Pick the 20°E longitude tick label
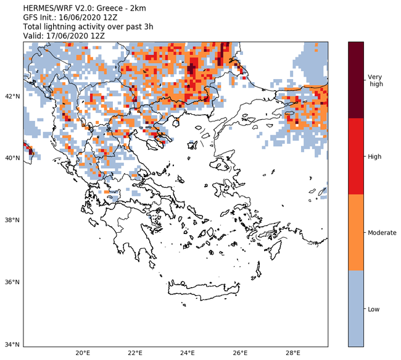point(83,353)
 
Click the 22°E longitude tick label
point(136,353)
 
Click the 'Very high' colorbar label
point(374,80)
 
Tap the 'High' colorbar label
point(374,156)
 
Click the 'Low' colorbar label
point(373,309)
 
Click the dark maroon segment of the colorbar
point(356,80)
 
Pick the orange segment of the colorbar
point(356,233)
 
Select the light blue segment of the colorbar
point(356,309)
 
